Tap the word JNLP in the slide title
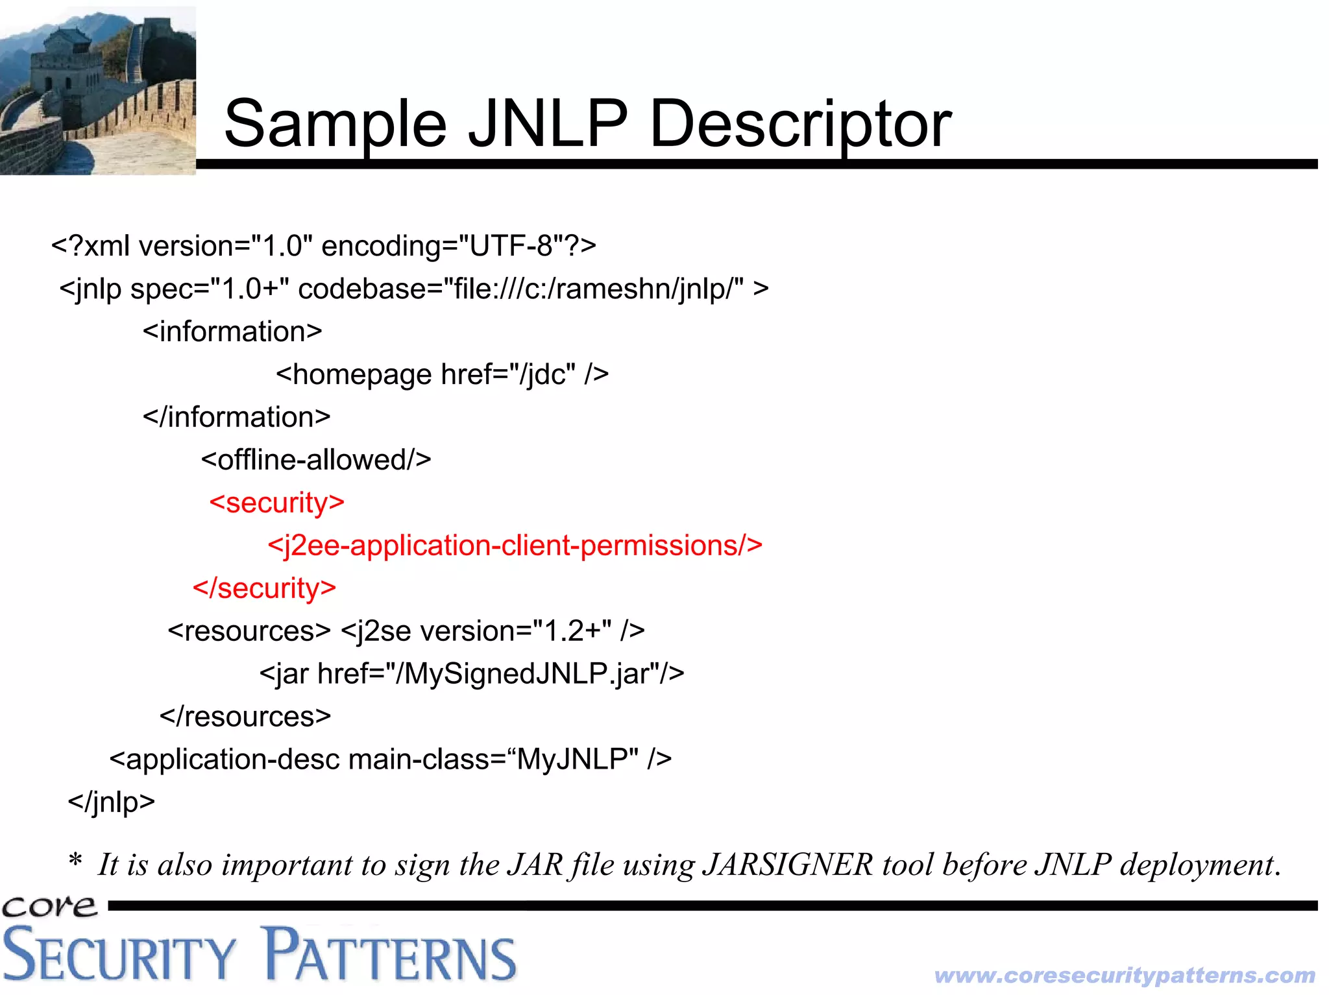pyautogui.click(x=547, y=123)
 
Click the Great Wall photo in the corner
pyautogui.click(x=97, y=91)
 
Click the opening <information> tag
pyautogui.click(x=232, y=332)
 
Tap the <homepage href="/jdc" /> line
pyautogui.click(x=442, y=375)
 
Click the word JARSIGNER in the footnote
pyautogui.click(x=788, y=865)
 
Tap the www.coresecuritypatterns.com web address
pyautogui.click(x=1125, y=976)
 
